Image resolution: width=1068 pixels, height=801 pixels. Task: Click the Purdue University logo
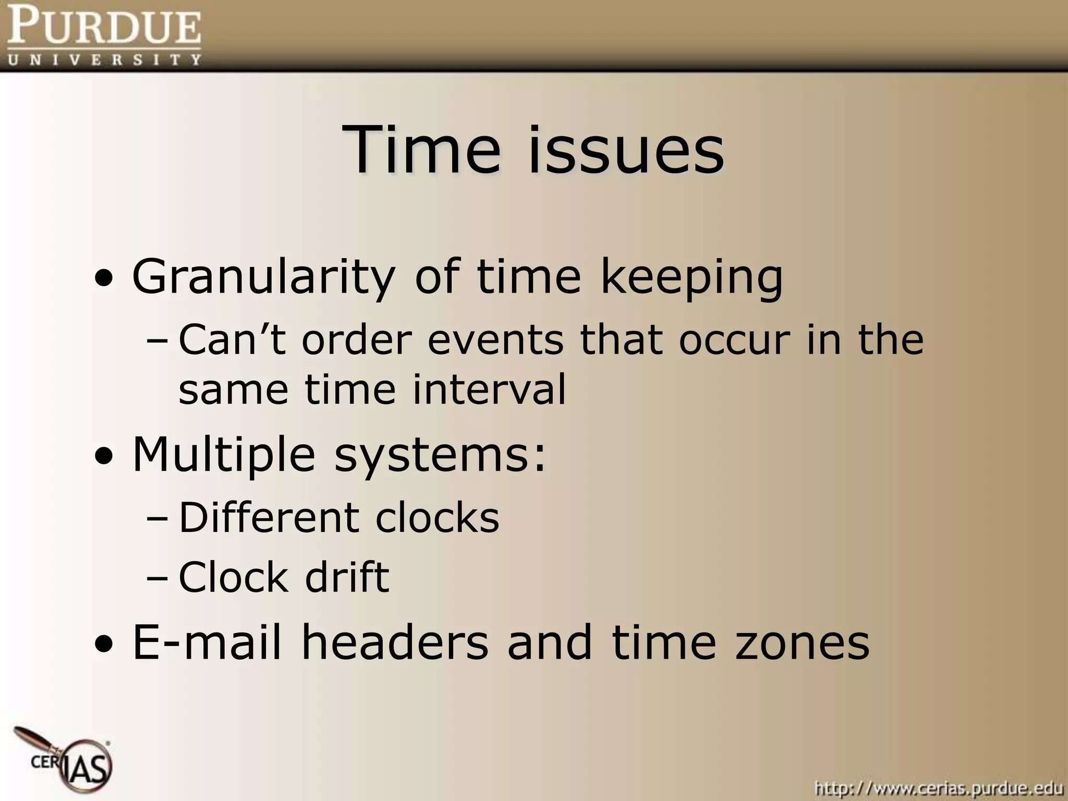pos(104,35)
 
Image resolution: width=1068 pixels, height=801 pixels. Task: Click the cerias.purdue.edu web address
pos(938,787)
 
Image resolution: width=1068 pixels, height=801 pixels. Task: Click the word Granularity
pos(263,276)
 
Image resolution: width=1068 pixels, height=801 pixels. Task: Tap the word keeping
pos(691,276)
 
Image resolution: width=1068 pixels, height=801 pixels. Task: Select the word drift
pos(347,577)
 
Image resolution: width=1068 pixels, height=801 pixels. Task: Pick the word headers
pos(395,642)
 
